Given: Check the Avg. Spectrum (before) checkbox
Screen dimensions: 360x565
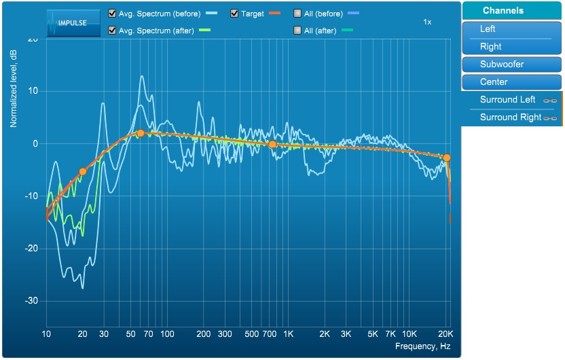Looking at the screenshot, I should (112, 14).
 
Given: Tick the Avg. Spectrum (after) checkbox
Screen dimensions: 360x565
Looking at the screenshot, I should (112, 30).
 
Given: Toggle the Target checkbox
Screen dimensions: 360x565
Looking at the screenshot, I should (234, 14).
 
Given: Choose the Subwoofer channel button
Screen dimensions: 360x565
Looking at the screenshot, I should (511, 65).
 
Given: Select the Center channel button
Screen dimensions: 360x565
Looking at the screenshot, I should (511, 82).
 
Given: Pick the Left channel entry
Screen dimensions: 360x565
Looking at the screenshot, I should (511, 29).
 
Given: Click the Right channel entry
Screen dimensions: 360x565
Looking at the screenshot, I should (511, 47).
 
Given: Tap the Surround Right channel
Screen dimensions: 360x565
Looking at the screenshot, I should (511, 118).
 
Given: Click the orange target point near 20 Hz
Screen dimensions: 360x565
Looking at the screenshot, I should (83, 172).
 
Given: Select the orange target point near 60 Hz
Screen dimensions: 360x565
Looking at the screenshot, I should (140, 134).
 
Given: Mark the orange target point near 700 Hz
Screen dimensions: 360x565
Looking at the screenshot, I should (272, 145).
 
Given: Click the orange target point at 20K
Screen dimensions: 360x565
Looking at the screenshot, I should (447, 158).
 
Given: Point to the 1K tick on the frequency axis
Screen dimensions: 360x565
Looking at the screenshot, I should (288, 335).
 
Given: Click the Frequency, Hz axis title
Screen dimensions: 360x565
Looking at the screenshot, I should (422, 347).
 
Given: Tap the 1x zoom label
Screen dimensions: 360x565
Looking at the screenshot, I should (427, 22).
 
